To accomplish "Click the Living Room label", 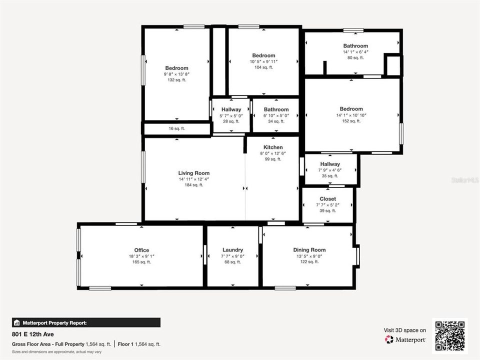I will click(x=194, y=173).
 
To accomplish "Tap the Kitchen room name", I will click(x=273, y=147).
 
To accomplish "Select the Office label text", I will click(x=141, y=250).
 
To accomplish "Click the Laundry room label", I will click(x=232, y=250).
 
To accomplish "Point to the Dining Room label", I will click(x=309, y=250).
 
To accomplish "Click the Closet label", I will click(x=327, y=198).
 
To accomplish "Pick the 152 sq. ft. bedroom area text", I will click(x=351, y=121).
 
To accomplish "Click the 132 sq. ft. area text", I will click(x=176, y=80).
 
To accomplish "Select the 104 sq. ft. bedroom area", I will click(x=263, y=67).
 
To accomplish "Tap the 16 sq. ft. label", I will click(x=176, y=128).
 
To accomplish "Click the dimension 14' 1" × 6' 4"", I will click(x=355, y=52).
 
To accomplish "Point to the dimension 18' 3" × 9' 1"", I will click(x=141, y=256).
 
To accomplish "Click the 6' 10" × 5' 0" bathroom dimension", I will click(x=276, y=115).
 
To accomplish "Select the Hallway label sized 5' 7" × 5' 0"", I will click(x=231, y=109).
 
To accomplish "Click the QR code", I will click(x=450, y=336).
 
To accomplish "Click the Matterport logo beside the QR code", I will click(x=405, y=339).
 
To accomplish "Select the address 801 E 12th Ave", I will click(x=32, y=334).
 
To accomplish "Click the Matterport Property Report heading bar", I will click(x=86, y=322).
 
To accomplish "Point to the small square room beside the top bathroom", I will click(x=393, y=65).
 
